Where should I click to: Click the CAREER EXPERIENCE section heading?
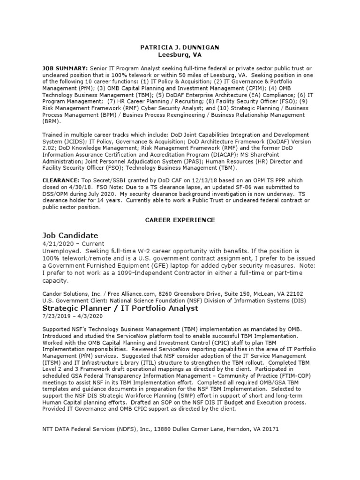[180, 219]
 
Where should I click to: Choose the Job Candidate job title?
[70, 235]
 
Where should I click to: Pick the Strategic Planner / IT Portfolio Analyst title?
[120, 308]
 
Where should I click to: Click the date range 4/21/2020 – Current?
[73, 244]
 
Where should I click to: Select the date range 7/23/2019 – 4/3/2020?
[69, 316]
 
